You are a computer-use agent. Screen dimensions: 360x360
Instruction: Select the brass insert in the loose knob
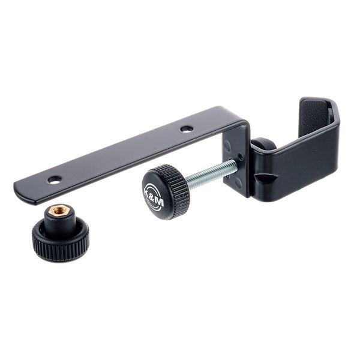(59, 211)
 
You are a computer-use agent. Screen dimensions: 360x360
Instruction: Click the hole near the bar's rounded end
(55, 179)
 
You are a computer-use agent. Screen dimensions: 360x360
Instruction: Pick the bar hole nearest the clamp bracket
(187, 128)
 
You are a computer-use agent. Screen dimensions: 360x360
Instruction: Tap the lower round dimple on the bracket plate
(238, 182)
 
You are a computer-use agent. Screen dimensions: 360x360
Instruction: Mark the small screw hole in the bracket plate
(240, 157)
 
